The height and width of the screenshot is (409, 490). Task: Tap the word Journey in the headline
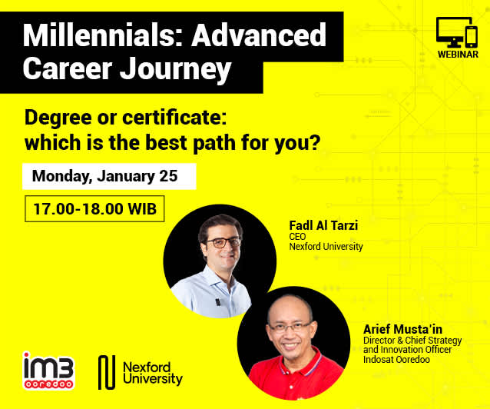175,70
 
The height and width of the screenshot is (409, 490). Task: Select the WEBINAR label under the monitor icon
458,54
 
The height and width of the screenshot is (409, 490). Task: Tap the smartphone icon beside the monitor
472,37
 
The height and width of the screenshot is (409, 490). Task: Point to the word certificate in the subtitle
174,118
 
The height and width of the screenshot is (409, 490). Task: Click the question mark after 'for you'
315,143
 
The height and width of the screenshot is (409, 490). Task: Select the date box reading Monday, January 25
109,176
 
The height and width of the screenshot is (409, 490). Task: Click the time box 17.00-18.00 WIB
94,208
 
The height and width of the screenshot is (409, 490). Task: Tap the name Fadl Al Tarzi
323,225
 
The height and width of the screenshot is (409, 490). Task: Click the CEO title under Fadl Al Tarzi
297,237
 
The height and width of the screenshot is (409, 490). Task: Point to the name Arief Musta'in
402,329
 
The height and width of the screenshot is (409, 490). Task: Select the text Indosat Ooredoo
396,360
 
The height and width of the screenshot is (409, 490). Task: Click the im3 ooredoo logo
48,371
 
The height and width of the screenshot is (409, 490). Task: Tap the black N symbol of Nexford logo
107,372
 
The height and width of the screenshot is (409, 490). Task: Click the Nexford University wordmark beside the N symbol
153,373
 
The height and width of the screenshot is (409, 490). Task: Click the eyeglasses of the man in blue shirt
223,242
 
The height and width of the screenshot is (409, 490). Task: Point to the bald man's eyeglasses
290,327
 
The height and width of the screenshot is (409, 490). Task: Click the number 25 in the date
168,176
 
